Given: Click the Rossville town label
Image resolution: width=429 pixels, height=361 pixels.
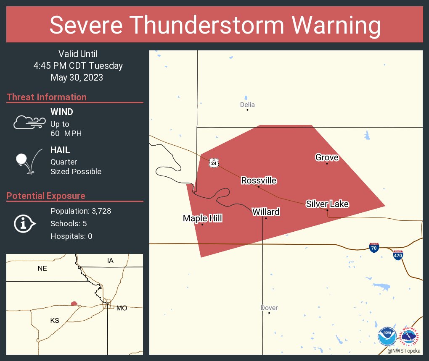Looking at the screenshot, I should [x=259, y=180].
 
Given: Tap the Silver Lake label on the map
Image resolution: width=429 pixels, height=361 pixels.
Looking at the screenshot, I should [x=327, y=204].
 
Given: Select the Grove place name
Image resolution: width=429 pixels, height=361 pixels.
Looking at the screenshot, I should [x=327, y=157].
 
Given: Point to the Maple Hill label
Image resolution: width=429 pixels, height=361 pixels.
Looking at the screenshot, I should [x=202, y=218].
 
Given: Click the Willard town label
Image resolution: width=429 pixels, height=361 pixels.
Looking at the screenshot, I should [x=266, y=212].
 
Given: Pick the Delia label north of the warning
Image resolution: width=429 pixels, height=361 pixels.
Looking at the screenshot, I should [x=247, y=105].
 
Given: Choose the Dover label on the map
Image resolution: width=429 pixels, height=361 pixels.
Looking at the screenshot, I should [x=269, y=308].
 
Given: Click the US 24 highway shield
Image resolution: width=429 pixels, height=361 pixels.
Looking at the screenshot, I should [x=214, y=162].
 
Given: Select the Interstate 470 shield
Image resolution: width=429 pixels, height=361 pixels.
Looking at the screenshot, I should [x=397, y=255].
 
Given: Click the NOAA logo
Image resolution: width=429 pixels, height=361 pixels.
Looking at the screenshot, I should [x=387, y=336].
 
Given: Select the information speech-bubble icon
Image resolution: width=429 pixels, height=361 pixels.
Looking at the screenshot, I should [x=24, y=224].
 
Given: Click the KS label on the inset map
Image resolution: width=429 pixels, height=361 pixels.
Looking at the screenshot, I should [x=55, y=320].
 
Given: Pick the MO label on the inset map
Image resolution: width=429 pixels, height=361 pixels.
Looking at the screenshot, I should [x=122, y=308].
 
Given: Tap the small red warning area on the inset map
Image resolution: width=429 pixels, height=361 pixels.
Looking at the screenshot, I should [x=74, y=303].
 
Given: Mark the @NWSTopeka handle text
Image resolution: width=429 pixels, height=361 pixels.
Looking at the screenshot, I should [x=404, y=351].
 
